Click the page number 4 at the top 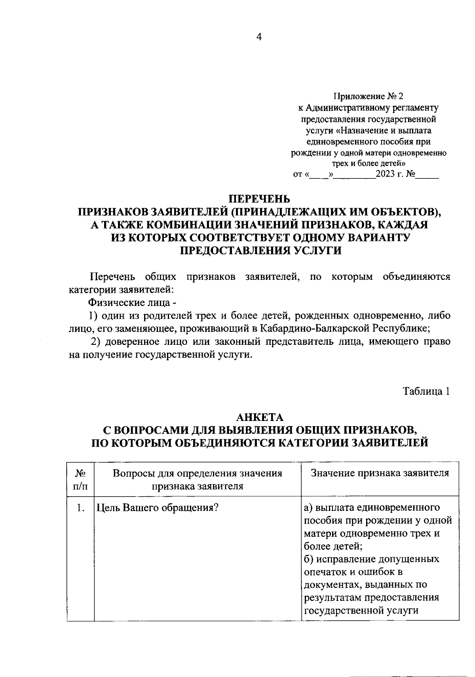(259, 37)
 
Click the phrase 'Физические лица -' (132, 303)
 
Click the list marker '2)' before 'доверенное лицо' (94, 342)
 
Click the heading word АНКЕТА (260, 417)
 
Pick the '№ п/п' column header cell (80, 479)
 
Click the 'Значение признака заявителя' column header (380, 473)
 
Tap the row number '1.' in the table (81, 508)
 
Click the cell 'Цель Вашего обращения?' (158, 508)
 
